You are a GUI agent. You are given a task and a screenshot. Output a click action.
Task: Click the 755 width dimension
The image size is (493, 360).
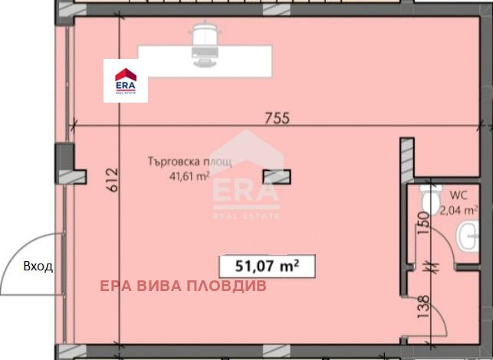coord(277,119)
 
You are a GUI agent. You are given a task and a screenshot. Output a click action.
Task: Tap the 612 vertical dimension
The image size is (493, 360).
coord(113,180)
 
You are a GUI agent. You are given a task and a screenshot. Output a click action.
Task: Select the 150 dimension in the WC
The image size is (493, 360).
coord(423,224)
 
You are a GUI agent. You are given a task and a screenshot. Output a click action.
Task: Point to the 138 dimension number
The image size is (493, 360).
coord(423,306)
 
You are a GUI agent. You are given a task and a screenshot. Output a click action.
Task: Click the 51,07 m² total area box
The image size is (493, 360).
coord(268,267)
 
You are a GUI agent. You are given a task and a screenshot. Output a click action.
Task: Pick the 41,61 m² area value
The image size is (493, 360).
coord(189,176)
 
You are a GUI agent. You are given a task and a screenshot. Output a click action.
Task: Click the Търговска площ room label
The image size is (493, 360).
coord(190,162)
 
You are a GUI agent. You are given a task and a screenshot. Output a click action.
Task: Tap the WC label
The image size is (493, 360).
coord(458,195)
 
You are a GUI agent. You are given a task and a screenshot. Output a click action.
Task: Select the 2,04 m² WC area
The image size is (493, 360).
coord(458,210)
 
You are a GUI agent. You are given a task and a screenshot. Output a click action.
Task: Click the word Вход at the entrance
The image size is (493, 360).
coord(38,267)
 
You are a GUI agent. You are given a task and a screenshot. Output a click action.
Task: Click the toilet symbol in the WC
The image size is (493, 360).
coord(431,198)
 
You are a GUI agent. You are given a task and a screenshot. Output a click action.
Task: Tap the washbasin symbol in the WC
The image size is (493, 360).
coord(468,236)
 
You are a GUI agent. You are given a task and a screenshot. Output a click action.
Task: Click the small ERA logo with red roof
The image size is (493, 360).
coord(126,81)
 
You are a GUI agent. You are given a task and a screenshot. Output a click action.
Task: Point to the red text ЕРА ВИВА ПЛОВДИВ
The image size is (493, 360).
coord(183,286)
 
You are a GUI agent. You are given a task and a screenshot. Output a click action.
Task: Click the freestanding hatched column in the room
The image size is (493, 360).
coord(277,176)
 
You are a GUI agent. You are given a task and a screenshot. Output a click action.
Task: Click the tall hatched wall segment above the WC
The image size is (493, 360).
coord(407,160)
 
